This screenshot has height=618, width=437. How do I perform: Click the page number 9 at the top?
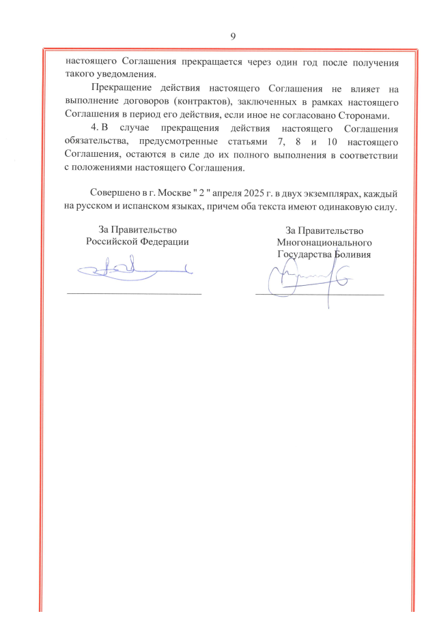[233, 36]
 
